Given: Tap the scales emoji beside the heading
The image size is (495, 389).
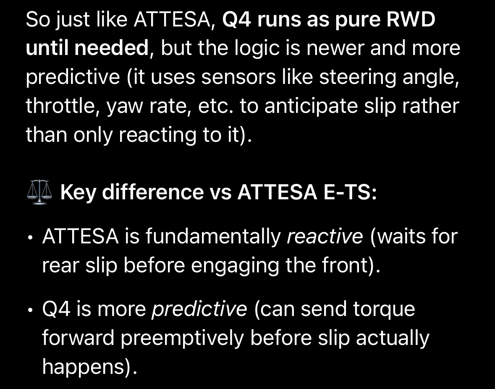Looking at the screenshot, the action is click(39, 192).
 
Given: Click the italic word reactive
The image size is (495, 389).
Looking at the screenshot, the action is click(325, 237).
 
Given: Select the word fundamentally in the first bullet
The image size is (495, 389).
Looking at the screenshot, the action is click(213, 237).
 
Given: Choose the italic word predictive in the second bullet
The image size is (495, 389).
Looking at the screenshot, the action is click(199, 309).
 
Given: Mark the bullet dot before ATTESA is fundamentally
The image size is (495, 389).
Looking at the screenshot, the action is click(30, 237).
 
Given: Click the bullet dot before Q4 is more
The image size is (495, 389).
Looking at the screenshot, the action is click(30, 310).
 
